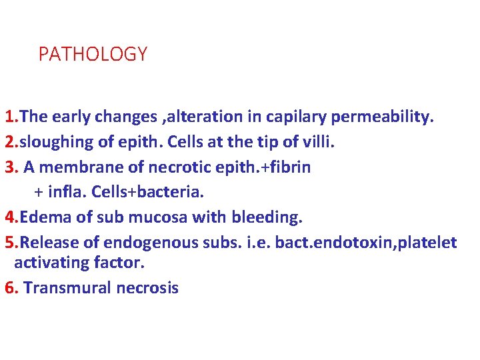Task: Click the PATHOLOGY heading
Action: coord(93,55)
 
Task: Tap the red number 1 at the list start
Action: coord(9,117)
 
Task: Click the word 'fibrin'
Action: coord(288,167)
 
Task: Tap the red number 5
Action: coord(9,242)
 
